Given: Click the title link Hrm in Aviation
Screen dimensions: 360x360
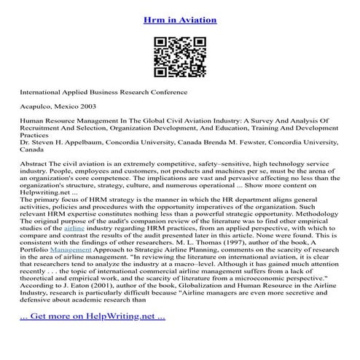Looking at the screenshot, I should pyautogui.click(x=179, y=20).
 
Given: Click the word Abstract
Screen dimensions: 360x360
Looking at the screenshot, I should pyautogui.click(x=36, y=165).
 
